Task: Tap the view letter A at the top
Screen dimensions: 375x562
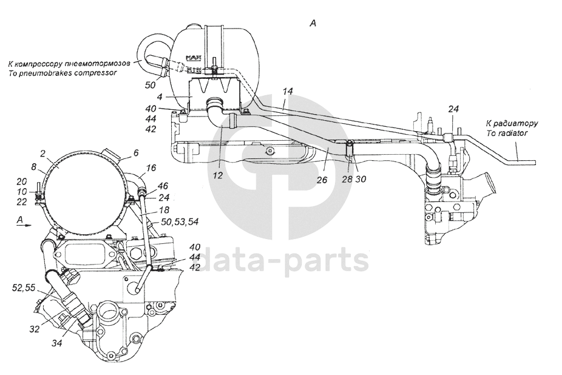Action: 313,23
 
